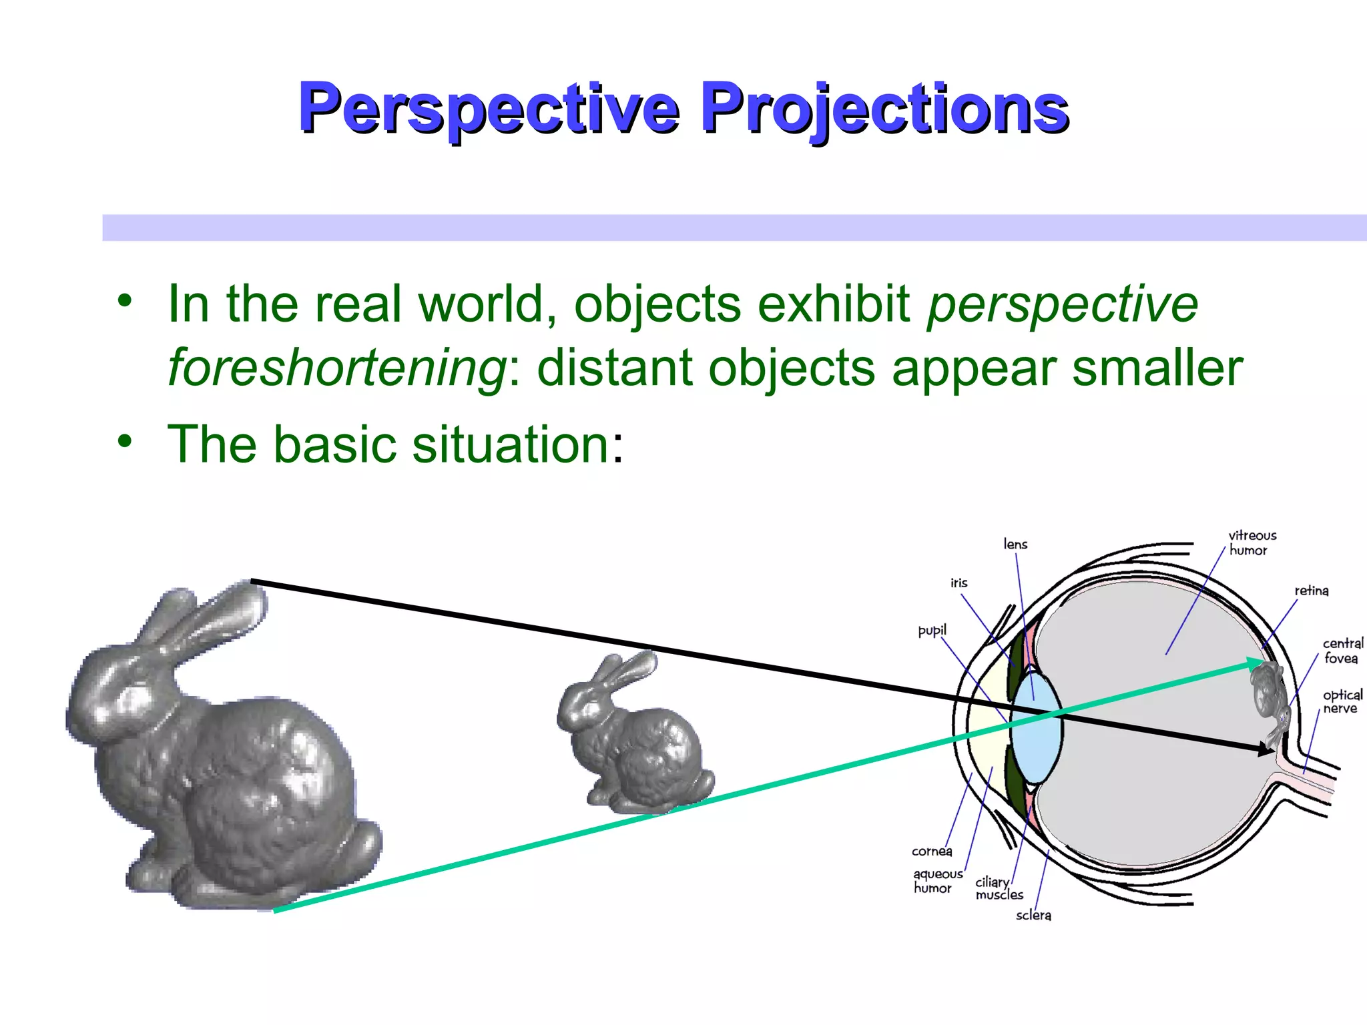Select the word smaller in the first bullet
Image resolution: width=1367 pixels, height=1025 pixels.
tap(1157, 368)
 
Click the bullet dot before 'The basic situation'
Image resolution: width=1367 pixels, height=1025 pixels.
tap(125, 441)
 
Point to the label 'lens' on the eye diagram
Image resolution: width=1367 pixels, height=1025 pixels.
tap(1015, 545)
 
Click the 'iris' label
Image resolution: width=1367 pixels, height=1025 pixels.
tap(959, 583)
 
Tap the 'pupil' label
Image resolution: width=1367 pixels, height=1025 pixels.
tap(932, 631)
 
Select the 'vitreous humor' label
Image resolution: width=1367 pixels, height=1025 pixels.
tap(1252, 543)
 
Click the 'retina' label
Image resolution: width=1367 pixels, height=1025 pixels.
tap(1311, 591)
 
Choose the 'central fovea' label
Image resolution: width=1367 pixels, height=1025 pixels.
tap(1342, 651)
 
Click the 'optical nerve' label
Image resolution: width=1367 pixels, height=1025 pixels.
tap(1342, 701)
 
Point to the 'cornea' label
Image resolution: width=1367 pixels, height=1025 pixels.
tap(932, 851)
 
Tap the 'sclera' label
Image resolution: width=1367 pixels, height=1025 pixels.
tap(1033, 916)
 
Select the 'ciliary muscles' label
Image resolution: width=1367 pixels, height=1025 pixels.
tap(999, 888)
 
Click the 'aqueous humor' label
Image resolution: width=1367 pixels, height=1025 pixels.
tap(937, 881)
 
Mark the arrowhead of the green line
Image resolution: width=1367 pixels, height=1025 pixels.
tap(1255, 662)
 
